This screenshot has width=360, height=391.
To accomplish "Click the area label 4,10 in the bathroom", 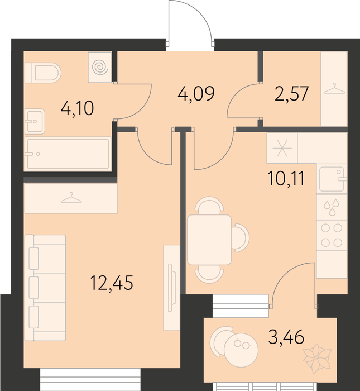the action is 77,108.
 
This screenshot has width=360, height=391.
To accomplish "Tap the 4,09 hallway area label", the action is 196,93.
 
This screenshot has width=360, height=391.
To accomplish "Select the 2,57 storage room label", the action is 291,93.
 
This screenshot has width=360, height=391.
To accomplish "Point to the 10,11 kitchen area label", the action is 286,179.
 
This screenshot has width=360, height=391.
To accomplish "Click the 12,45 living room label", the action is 112,283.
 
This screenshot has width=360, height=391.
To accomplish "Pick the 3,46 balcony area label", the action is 286,336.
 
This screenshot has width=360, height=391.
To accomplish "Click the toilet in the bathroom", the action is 43,73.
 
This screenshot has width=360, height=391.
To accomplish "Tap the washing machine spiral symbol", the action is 100,67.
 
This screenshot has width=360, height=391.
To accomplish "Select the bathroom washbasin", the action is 35,121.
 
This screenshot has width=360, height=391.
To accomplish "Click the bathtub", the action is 68,154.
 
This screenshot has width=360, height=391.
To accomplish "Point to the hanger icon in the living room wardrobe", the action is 71,198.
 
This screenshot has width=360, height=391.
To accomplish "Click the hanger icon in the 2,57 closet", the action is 334,89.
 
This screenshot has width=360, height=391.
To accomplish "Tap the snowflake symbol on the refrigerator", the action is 282,148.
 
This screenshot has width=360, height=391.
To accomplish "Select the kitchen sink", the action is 332,179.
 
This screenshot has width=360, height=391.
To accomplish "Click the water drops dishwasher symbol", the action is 332,207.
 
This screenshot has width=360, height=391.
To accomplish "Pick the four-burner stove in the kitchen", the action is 332,235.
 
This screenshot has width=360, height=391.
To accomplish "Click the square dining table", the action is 209,240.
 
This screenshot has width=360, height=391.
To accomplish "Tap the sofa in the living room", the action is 45,288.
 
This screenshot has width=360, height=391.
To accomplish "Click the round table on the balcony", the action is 241,350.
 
